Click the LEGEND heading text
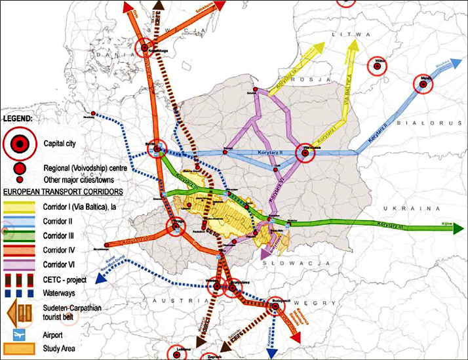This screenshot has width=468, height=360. pyautogui.click(x=21, y=119)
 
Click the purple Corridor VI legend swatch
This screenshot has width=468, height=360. pyautogui.click(x=20, y=263)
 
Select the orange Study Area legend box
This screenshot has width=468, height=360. pyautogui.click(x=20, y=348)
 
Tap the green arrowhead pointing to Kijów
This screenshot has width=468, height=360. pyautogui.click(x=459, y=228)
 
